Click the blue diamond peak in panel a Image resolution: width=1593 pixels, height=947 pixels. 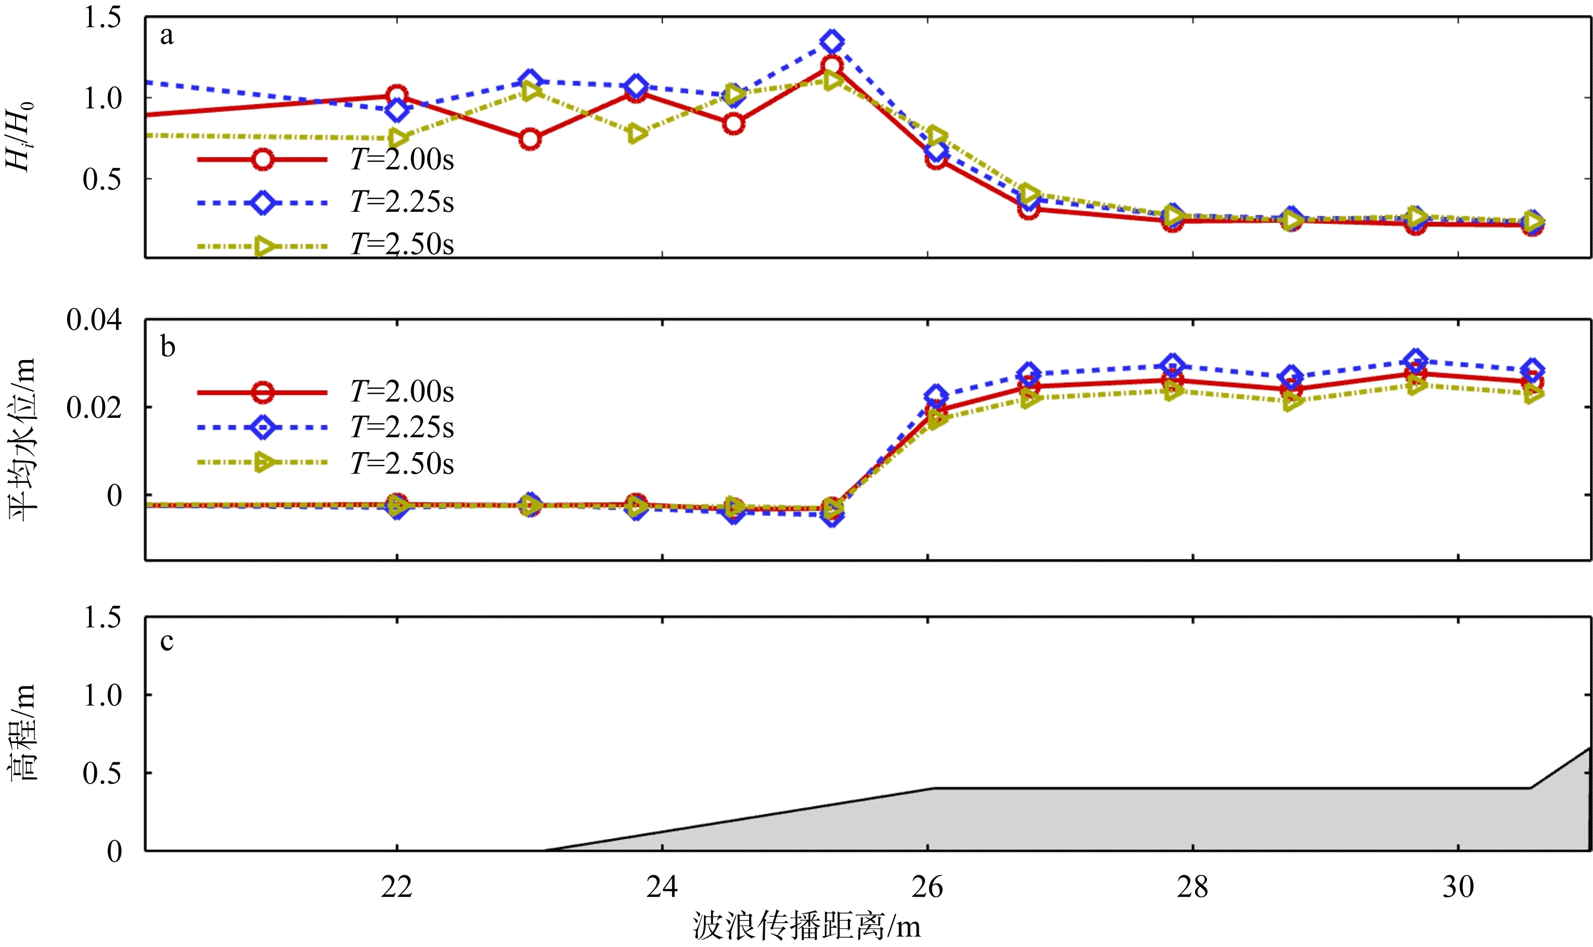point(831,42)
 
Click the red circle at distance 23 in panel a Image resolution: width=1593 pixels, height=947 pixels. point(530,139)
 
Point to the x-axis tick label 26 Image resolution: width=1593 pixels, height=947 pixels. point(927,887)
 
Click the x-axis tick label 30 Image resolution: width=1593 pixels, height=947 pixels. point(1458,887)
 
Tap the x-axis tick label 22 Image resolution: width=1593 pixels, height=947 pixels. point(396,887)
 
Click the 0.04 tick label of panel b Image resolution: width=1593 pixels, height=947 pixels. point(94,319)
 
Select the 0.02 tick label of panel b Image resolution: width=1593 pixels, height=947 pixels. point(94,407)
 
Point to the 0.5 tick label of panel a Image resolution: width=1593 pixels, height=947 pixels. point(102,180)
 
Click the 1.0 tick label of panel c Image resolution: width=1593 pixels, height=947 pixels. point(102,695)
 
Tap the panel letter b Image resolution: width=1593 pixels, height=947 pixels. point(167,347)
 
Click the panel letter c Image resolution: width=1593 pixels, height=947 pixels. point(166,642)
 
